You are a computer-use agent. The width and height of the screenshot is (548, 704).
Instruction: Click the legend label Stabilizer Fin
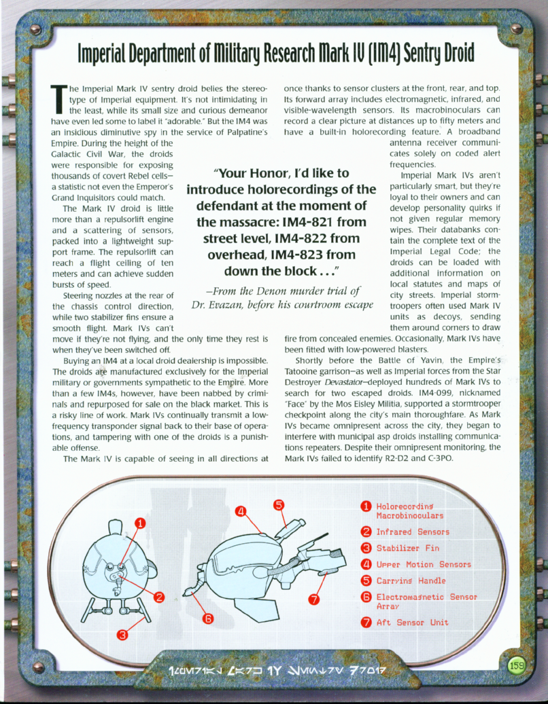pos(407,548)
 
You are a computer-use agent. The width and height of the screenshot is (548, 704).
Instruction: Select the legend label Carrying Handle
pos(411,580)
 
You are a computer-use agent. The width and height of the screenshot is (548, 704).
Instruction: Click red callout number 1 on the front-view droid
pos(140,523)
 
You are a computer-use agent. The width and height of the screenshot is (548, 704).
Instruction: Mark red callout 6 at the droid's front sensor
pos(208,618)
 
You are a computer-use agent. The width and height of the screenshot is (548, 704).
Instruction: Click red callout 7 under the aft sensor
pos(314,599)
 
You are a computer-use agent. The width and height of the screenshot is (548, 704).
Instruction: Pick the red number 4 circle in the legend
pos(366,564)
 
